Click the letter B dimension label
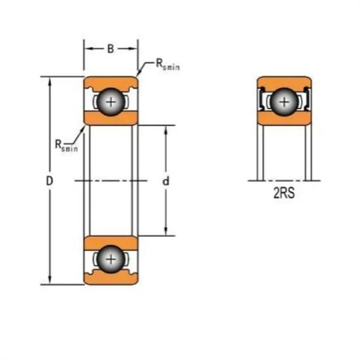point(110,48)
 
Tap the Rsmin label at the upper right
point(166,64)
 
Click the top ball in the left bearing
point(111,101)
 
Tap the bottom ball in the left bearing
point(111,259)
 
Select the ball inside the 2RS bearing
point(284,101)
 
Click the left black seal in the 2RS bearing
point(264,101)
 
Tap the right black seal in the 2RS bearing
point(304,101)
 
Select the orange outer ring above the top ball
point(111,82)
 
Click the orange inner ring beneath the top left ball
point(111,118)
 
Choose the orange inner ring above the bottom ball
point(111,242)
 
